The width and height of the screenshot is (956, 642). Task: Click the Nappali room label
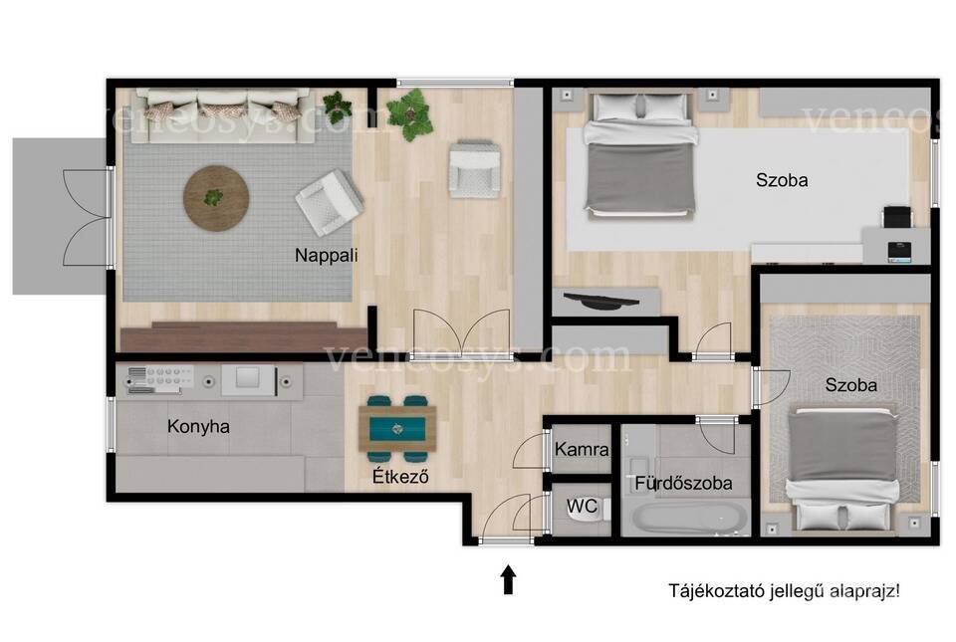point(327,255)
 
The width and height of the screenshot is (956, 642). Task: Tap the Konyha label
point(198,426)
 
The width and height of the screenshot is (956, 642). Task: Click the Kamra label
point(582,450)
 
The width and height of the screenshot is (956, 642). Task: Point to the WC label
point(581,507)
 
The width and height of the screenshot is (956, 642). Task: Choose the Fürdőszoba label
point(683,483)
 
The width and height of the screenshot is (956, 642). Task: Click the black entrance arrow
point(509,579)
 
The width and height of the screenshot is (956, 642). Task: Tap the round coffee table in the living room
point(216,198)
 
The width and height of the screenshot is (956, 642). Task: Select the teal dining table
point(397,428)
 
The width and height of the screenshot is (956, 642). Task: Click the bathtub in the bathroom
point(690,519)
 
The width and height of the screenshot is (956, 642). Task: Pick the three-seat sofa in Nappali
point(222,114)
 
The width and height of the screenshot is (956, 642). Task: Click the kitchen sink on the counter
point(248,380)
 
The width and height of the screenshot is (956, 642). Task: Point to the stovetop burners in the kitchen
point(160,379)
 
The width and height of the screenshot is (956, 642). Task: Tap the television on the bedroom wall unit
point(601,301)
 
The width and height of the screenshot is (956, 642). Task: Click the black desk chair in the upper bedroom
point(898,217)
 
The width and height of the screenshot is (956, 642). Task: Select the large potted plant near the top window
point(409,114)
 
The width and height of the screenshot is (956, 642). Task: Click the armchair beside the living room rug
point(329,202)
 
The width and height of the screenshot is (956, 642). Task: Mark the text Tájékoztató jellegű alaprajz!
point(784,591)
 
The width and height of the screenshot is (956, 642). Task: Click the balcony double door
point(88,217)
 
